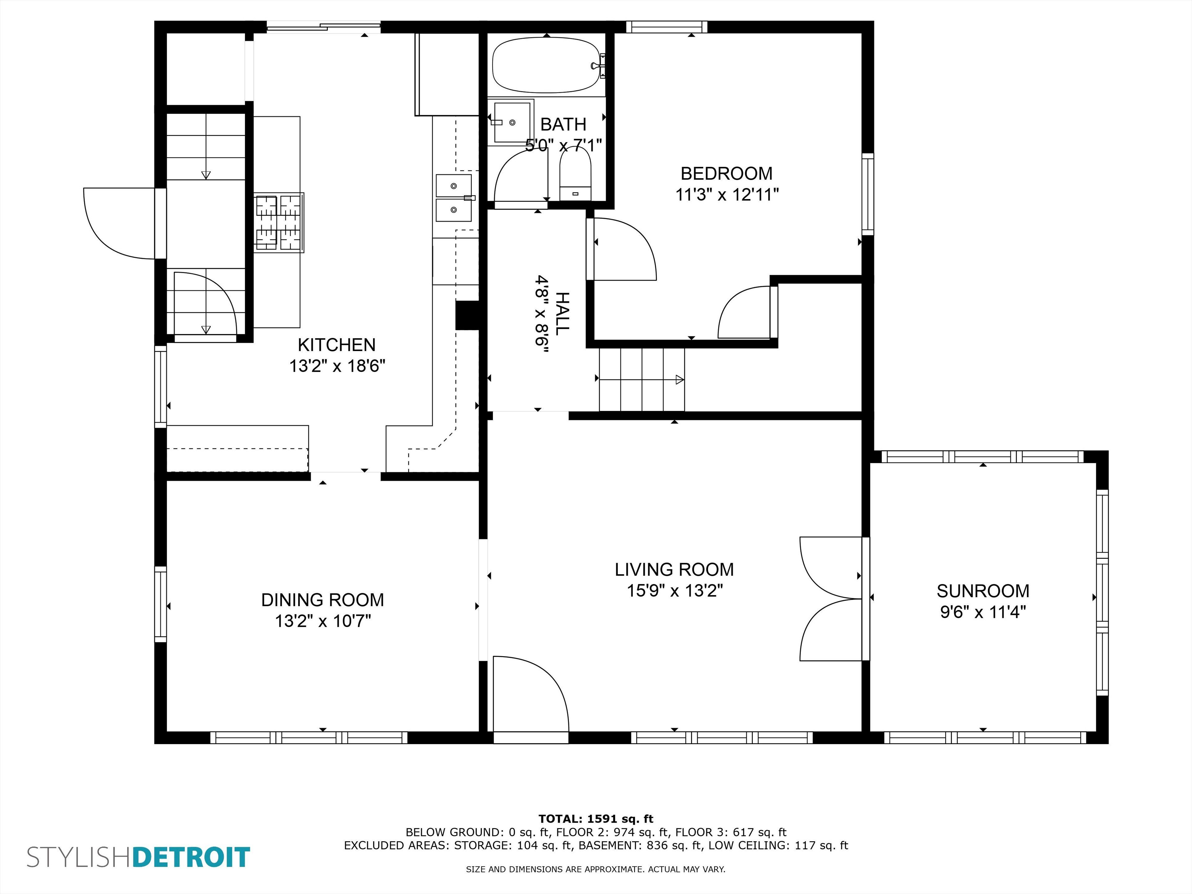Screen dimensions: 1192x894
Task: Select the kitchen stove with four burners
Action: (279, 223)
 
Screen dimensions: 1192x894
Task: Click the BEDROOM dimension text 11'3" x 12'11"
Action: (727, 195)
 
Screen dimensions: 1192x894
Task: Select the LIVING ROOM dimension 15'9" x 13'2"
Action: (674, 591)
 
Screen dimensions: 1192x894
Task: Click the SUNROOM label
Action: (983, 591)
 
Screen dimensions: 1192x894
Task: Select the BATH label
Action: (563, 124)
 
